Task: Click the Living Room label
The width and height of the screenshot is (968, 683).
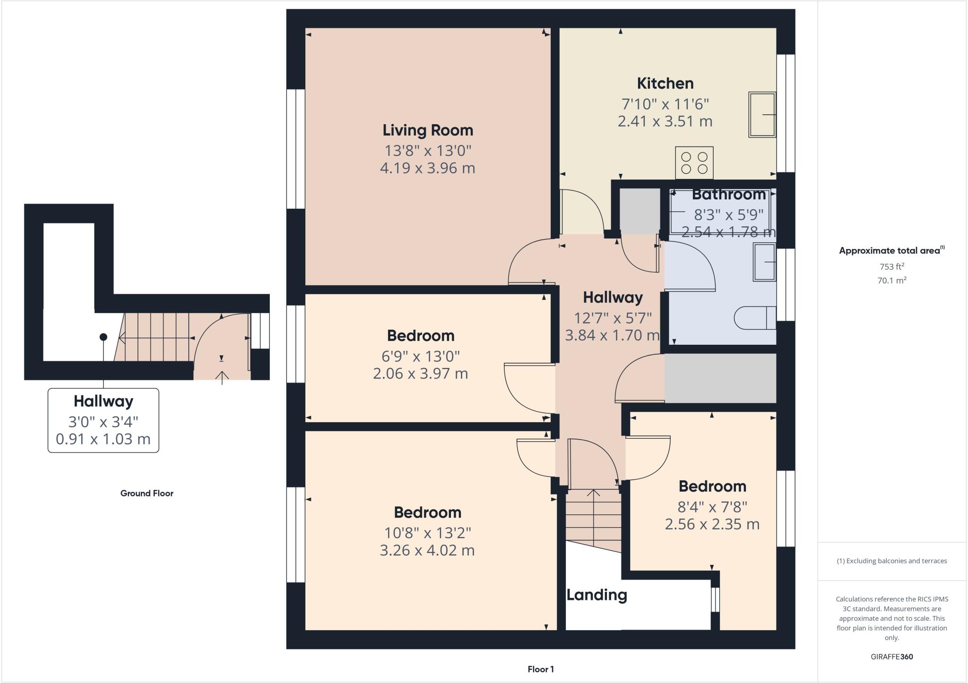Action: point(427,130)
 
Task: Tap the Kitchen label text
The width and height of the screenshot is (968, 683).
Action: point(665,84)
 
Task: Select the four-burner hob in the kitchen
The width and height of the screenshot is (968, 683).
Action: point(694,163)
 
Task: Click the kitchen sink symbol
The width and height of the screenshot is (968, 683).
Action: point(762,115)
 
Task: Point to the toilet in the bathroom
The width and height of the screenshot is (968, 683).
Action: point(755,318)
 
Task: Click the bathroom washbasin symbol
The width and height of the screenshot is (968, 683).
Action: point(764,262)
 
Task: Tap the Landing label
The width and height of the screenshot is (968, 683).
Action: point(596,595)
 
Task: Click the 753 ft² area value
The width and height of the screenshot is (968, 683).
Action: point(891,266)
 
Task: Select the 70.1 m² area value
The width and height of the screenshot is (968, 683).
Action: point(891,281)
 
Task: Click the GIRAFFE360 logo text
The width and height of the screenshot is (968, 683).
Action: point(891,657)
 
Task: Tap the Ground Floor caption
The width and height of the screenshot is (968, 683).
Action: point(147,494)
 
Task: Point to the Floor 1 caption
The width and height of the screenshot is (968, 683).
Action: point(541,669)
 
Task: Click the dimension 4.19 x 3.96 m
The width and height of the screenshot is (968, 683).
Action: point(427,168)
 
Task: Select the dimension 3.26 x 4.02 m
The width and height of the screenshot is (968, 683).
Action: point(427,550)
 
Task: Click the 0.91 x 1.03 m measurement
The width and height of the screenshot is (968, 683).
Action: point(103,439)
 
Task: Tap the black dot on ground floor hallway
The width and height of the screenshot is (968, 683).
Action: point(103,337)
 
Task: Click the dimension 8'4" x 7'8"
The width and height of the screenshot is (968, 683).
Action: point(712,507)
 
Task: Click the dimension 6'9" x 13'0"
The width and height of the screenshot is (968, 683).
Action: point(421,356)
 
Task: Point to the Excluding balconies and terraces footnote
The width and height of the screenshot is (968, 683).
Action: point(891,561)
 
